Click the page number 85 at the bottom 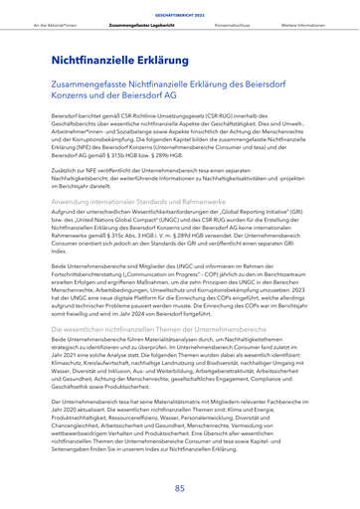tap(180, 488)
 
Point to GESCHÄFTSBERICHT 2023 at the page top tap(180, 10)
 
